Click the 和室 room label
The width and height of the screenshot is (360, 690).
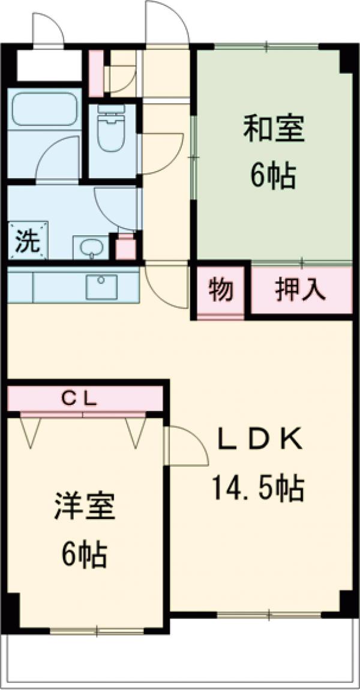(x=273, y=128)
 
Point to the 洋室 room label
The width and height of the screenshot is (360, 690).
(x=83, y=508)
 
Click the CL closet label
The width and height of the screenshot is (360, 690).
(x=84, y=397)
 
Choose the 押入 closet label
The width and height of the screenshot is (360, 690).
(x=301, y=290)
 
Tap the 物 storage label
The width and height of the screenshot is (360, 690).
(x=221, y=290)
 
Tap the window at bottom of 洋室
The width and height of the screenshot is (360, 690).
(x=97, y=630)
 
